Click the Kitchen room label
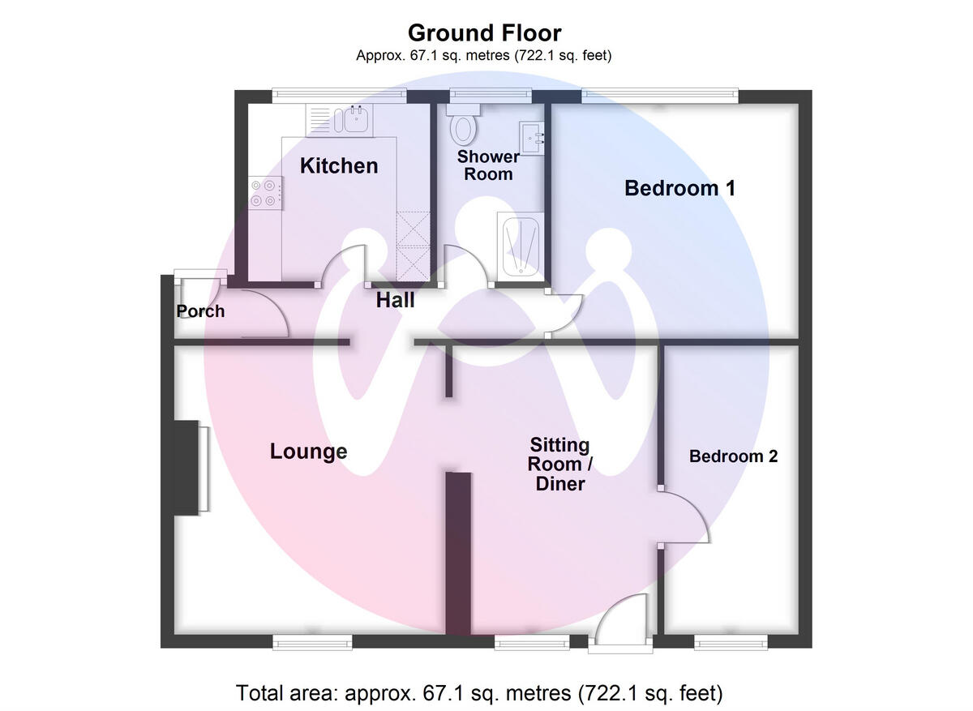click(x=339, y=165)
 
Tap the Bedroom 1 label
click(x=679, y=188)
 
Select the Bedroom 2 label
click(x=733, y=456)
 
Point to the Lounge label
click(x=308, y=452)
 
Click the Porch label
click(x=200, y=311)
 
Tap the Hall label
click(x=395, y=301)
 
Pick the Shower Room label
click(x=488, y=165)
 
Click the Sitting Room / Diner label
click(x=560, y=465)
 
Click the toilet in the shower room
click(x=464, y=127)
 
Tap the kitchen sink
click(x=354, y=120)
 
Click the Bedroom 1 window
click(x=659, y=96)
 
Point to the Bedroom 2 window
click(x=731, y=642)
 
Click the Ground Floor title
click(x=484, y=33)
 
